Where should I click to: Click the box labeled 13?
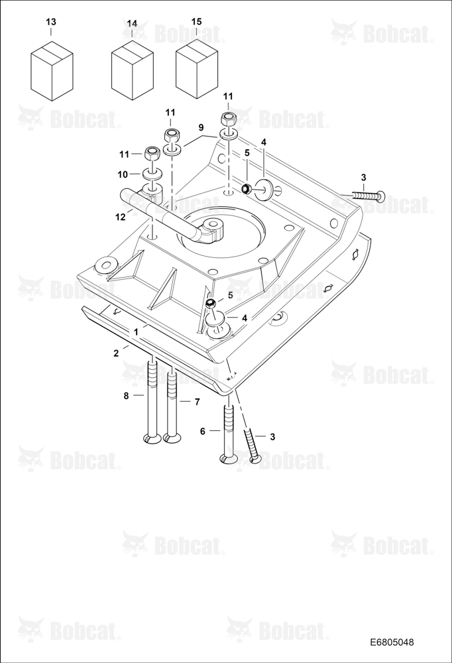point(52,71)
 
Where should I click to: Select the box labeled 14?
point(133,71)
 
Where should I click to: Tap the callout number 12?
point(121,217)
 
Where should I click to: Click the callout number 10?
point(123,174)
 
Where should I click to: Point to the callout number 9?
point(201,127)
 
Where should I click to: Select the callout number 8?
point(126,396)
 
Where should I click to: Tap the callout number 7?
point(197,402)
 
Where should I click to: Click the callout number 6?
point(203,431)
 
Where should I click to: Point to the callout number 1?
point(136,332)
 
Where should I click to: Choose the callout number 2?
point(116,353)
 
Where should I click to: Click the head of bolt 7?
point(172,439)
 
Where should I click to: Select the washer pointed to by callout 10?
point(152,174)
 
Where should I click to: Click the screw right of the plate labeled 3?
point(367,195)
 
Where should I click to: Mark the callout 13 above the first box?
point(51,22)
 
